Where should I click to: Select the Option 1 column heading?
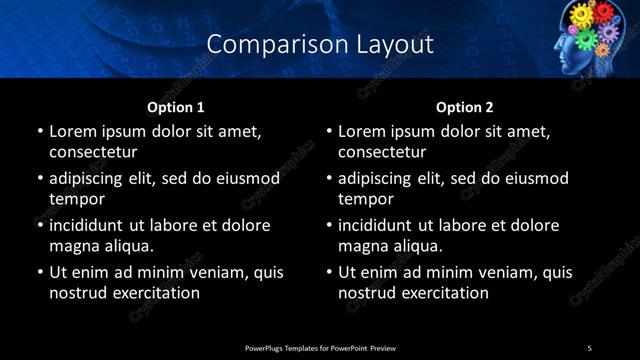click(176, 107)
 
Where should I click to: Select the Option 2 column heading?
click(465, 107)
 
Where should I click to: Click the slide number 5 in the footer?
click(590, 347)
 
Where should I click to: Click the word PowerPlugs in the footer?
click(266, 347)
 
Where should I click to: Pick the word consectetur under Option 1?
click(93, 152)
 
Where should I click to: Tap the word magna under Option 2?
click(363, 246)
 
